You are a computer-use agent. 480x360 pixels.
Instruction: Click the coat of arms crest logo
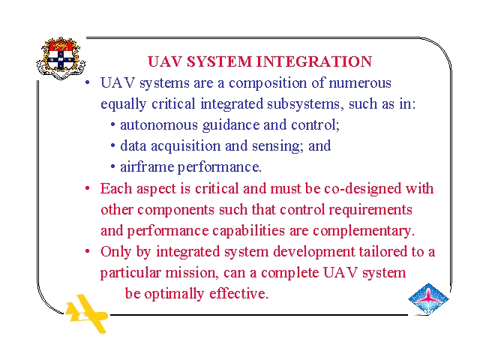click(x=61, y=58)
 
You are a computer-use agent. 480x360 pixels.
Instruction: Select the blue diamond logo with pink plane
click(x=428, y=298)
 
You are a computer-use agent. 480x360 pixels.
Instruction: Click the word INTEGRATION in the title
click(x=314, y=61)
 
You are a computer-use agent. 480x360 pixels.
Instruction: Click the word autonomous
click(x=159, y=125)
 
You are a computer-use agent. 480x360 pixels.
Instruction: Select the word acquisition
click(x=186, y=146)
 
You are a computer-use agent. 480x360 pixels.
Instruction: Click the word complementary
click(x=363, y=231)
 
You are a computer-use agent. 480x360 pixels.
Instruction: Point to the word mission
click(x=192, y=273)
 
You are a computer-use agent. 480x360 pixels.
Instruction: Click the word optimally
click(x=174, y=294)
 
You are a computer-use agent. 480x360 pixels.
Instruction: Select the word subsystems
click(x=303, y=103)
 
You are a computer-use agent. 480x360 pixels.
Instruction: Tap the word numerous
click(x=360, y=83)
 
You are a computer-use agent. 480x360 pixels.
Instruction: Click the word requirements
click(x=370, y=210)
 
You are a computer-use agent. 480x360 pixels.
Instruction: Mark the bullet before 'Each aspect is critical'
click(x=88, y=188)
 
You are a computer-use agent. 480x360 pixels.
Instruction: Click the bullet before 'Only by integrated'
click(x=88, y=252)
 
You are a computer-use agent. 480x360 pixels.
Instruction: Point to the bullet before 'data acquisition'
click(x=113, y=146)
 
